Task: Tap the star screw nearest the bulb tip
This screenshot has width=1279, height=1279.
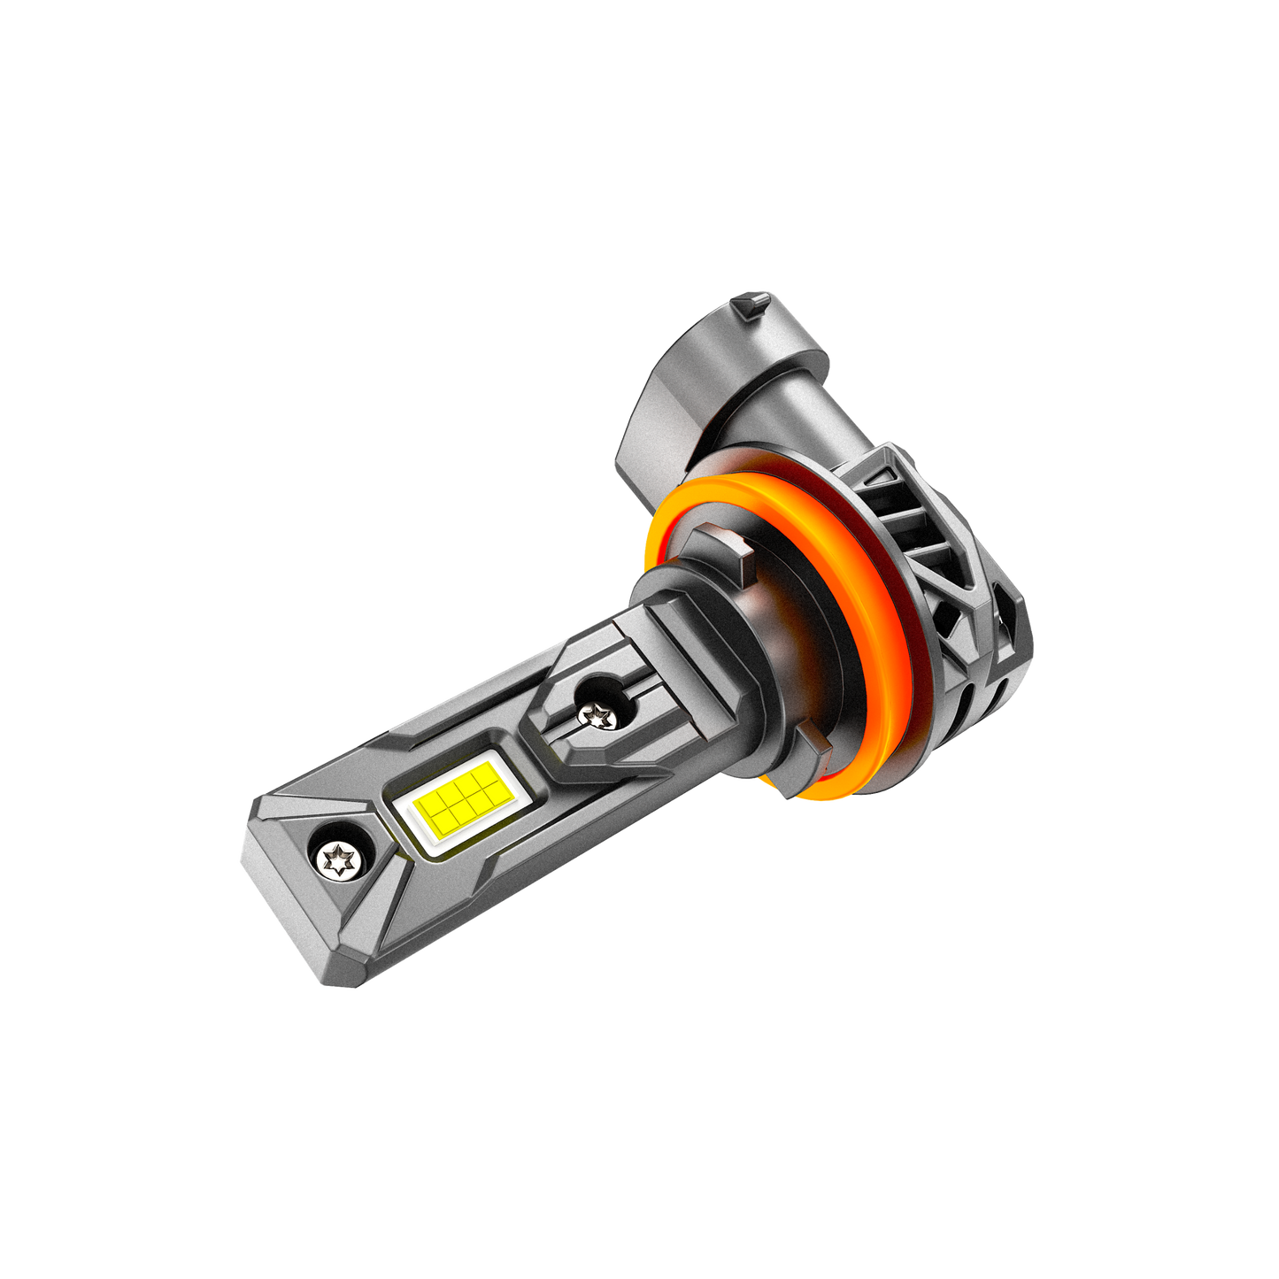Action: (338, 858)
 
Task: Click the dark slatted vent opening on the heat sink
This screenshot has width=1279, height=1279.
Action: (912, 513)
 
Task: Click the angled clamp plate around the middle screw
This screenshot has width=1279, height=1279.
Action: (566, 735)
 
